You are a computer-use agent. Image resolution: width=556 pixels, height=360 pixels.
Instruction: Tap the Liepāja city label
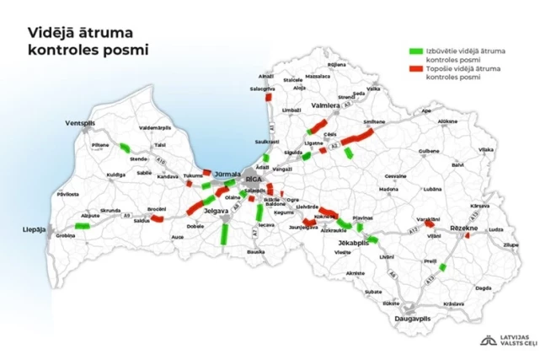coord(35,228)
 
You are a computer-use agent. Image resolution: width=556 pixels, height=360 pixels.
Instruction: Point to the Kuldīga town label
coord(115,175)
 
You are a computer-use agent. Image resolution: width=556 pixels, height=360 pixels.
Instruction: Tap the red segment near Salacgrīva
coord(268,98)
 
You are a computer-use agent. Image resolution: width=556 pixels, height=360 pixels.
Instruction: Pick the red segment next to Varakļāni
coord(430,223)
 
